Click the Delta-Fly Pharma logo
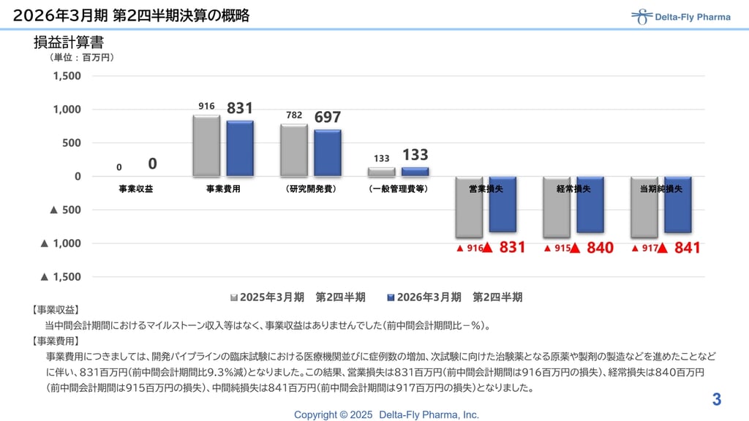(x=680, y=17)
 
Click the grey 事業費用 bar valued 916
(x=206, y=145)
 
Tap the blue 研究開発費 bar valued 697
(x=328, y=153)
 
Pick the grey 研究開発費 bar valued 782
(x=294, y=150)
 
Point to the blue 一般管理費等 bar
(x=415, y=172)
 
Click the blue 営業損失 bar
(x=503, y=205)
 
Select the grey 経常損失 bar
(x=557, y=207)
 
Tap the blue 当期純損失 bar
(x=678, y=205)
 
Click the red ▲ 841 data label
(x=679, y=248)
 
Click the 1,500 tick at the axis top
(x=67, y=76)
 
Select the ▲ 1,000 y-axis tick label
(x=61, y=243)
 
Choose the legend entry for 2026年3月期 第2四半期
(x=454, y=297)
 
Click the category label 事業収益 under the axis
(x=136, y=189)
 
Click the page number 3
(x=717, y=400)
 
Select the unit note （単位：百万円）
(x=82, y=57)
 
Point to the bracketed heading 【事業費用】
(x=56, y=341)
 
